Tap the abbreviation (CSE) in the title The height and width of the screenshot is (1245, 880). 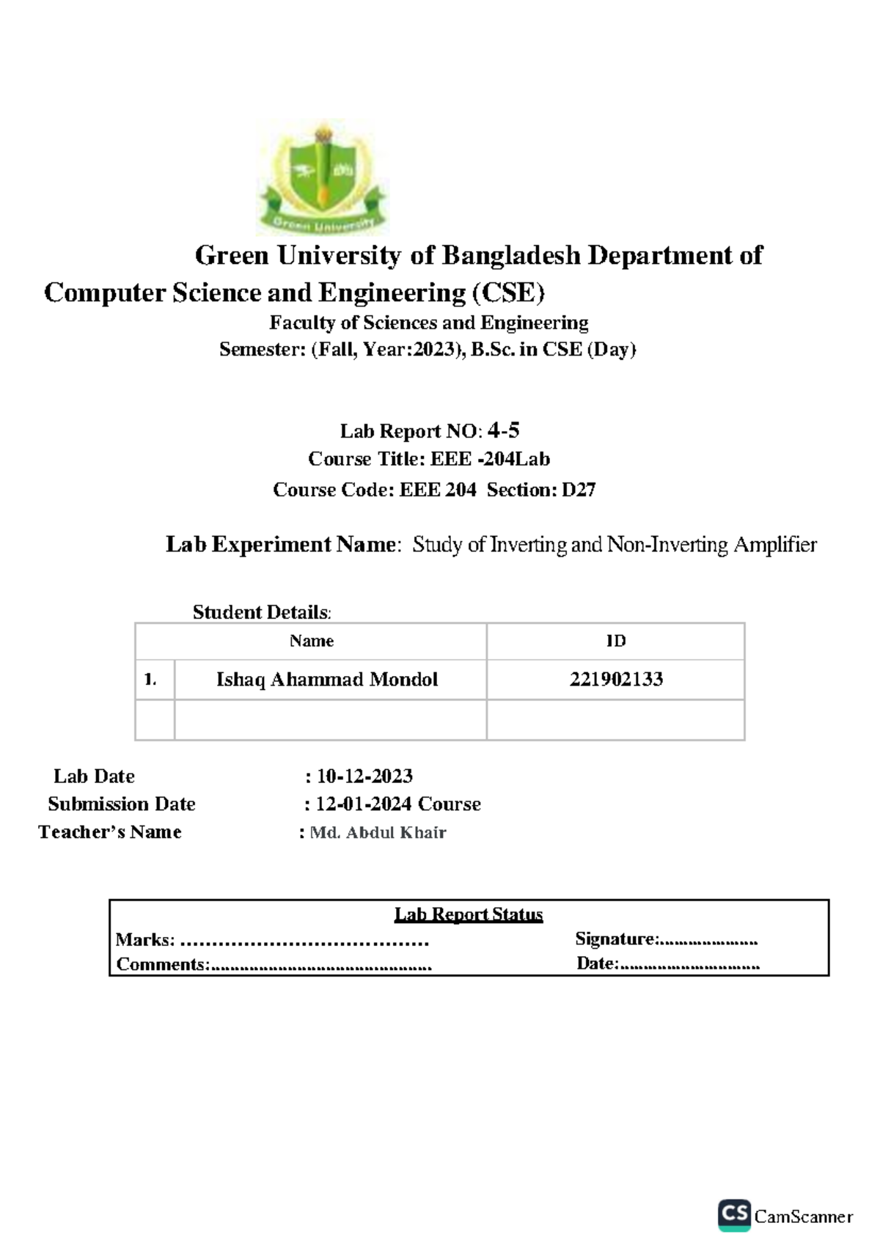click(508, 293)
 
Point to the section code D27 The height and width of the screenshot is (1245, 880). click(579, 490)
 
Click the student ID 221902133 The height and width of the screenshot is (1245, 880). click(616, 680)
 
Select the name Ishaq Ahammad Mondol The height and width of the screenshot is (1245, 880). click(327, 680)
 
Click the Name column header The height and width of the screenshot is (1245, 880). click(312, 641)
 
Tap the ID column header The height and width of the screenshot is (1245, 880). click(616, 641)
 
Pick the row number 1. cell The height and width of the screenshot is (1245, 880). click(151, 680)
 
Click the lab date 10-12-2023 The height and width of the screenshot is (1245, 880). click(364, 776)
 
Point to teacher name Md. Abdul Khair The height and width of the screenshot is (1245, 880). click(378, 833)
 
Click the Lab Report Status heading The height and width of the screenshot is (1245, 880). click(469, 914)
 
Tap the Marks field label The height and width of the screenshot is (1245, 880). click(145, 939)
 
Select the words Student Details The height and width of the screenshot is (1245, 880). click(260, 612)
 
